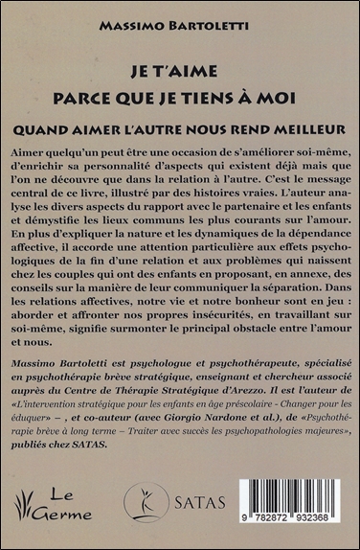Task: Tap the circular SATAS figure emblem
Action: point(146,500)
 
